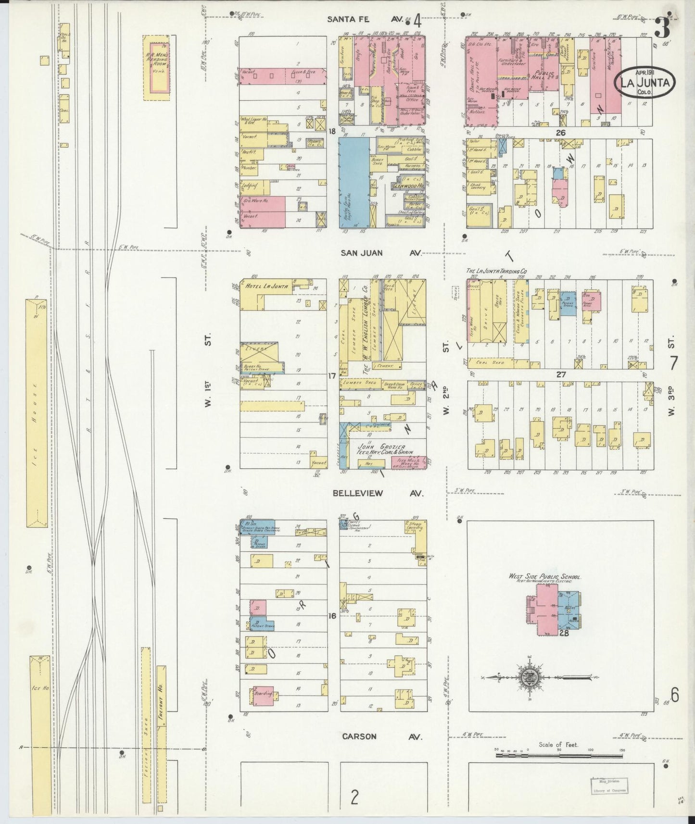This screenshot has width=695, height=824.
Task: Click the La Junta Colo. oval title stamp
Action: (645, 83)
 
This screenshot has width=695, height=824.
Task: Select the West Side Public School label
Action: (545, 576)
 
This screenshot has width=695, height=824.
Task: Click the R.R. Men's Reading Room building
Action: (157, 67)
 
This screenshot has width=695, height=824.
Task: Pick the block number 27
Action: (561, 375)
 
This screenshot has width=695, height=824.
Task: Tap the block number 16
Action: (331, 616)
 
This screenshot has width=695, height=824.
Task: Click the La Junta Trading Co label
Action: (495, 272)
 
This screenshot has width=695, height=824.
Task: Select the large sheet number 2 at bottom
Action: (354, 798)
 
